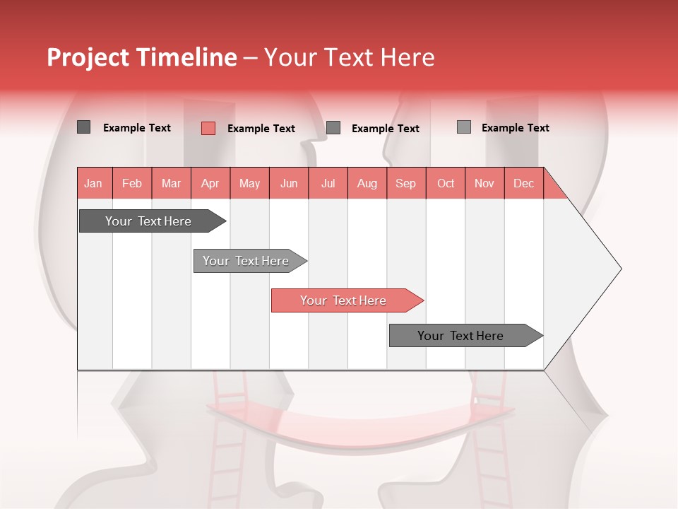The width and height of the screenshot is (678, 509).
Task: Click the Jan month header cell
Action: (94, 183)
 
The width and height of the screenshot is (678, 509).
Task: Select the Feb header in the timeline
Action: (132, 183)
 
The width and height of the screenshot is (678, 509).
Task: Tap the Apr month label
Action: (210, 183)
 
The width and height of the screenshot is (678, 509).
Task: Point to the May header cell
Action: (249, 183)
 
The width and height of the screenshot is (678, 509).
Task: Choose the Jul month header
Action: (328, 183)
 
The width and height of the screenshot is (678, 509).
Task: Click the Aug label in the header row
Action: (367, 183)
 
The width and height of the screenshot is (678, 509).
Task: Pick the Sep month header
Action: (406, 183)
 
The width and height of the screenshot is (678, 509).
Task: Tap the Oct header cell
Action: (446, 183)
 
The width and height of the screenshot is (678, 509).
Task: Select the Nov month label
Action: (484, 183)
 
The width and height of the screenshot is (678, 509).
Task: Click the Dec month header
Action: (524, 183)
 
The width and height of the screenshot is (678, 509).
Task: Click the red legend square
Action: (208, 128)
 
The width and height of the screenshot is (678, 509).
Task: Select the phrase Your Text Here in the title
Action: (349, 57)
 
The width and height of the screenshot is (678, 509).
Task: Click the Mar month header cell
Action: (171, 183)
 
